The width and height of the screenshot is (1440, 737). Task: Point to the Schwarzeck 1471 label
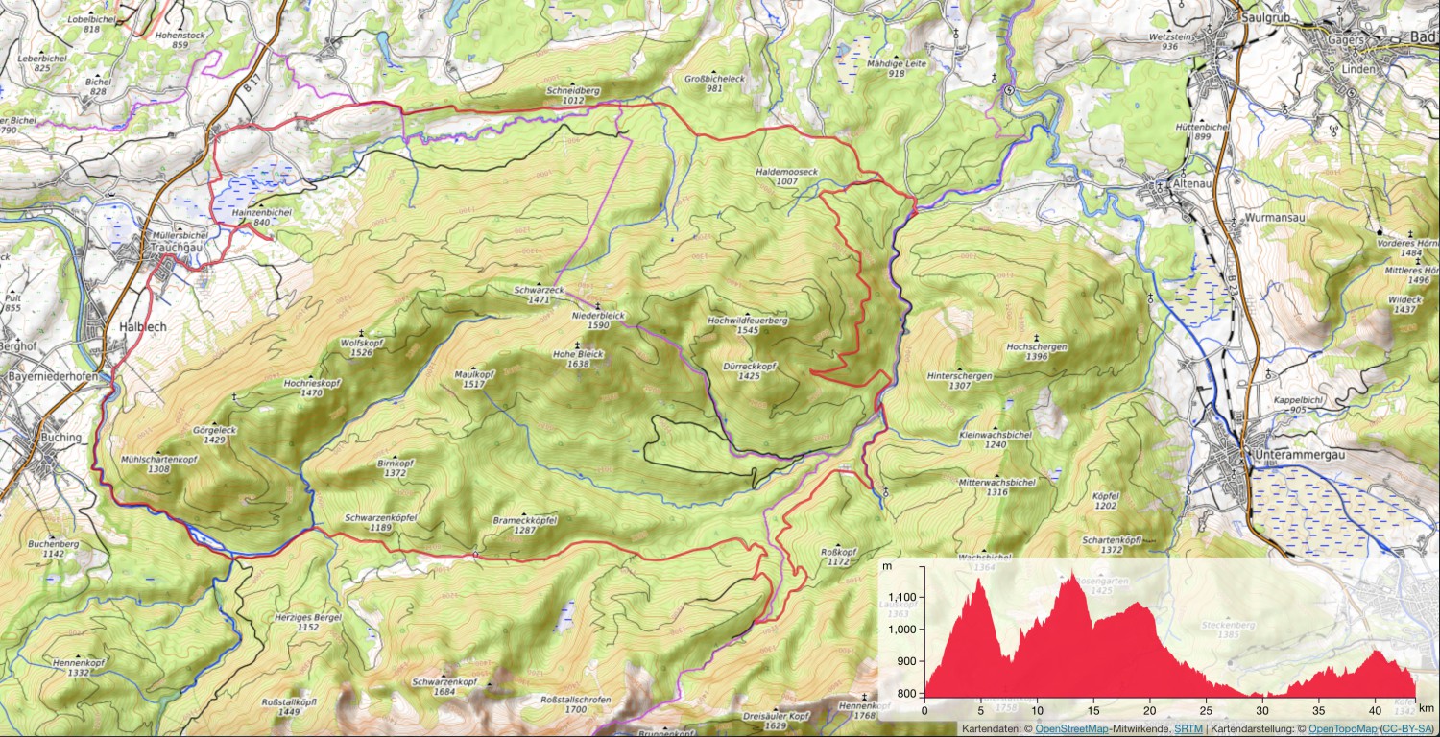click(x=531, y=295)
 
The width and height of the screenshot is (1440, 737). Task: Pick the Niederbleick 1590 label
click(x=598, y=321)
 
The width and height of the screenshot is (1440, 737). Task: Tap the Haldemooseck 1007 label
click(x=786, y=176)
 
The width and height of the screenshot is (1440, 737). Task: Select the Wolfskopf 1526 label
click(x=362, y=346)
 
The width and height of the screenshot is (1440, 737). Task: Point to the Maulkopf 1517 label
click(x=472, y=379)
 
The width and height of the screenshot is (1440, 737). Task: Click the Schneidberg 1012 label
click(x=573, y=94)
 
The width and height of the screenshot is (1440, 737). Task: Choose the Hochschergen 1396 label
click(x=1036, y=351)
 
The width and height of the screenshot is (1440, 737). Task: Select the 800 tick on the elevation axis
click(x=908, y=693)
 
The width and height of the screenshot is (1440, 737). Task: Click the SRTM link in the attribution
click(x=1187, y=729)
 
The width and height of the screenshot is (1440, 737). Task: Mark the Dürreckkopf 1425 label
click(x=750, y=371)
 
